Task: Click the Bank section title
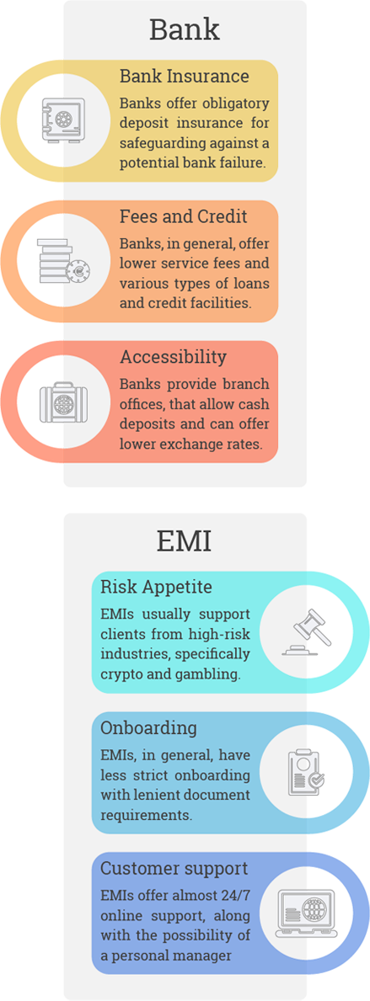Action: click(185, 29)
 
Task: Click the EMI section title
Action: click(184, 543)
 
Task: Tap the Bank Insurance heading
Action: click(184, 77)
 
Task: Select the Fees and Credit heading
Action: click(184, 216)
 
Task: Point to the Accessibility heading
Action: click(173, 358)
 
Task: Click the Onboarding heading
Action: click(149, 728)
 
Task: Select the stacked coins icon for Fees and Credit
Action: click(62, 261)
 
